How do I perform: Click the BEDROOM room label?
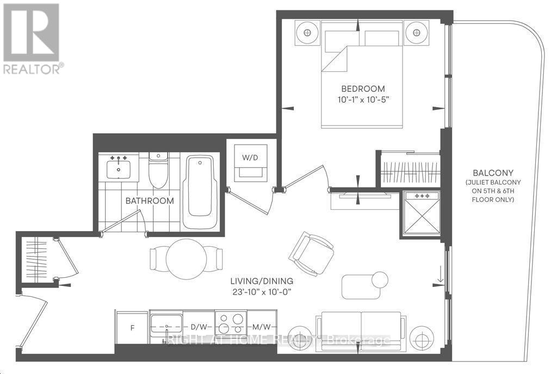coord(363,89)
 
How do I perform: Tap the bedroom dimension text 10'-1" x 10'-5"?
coord(363,99)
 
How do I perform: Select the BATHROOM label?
coord(150,201)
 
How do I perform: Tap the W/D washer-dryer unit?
coord(250,163)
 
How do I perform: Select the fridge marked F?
coord(131,328)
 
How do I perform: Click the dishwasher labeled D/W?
coord(199,328)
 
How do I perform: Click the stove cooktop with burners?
coord(231,323)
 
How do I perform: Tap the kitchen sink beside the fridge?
coord(166,325)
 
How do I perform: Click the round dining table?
coord(186,259)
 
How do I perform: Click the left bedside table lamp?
coord(307,33)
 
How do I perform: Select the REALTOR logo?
coord(32,38)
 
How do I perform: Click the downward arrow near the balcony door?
coord(441,278)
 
